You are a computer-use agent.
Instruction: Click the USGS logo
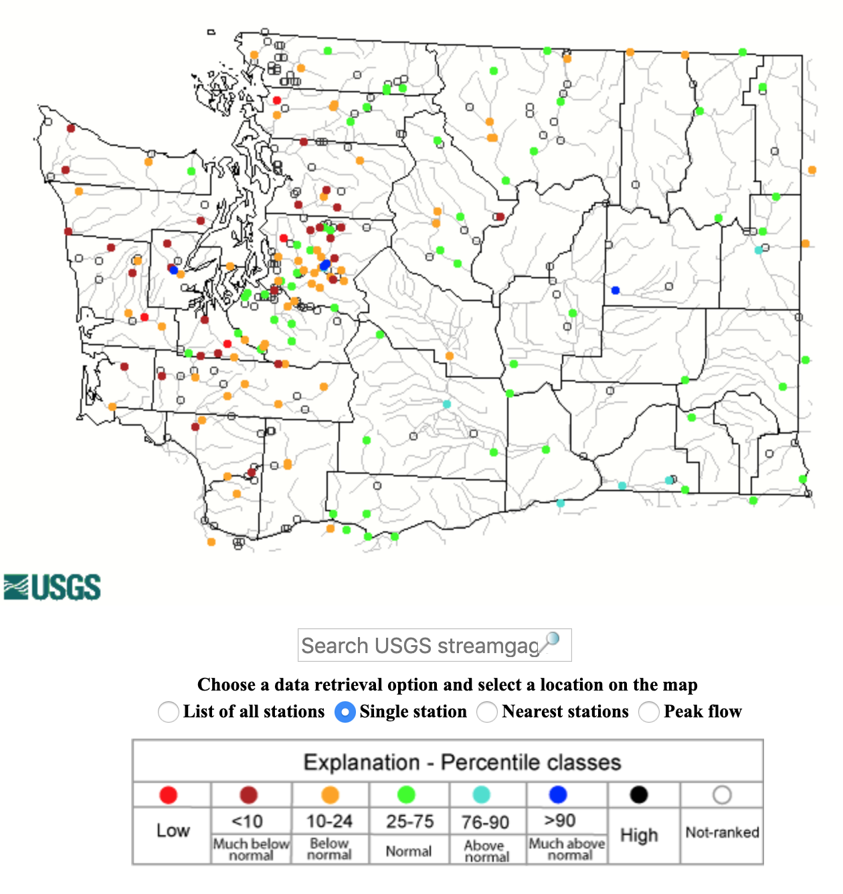point(52,587)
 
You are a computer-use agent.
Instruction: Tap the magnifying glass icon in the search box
point(551,641)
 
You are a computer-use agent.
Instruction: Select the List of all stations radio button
point(169,711)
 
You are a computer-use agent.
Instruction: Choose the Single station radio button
point(345,711)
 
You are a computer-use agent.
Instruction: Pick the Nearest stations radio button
point(487,711)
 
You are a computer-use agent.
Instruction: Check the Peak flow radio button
point(649,711)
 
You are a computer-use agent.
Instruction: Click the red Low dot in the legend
point(169,795)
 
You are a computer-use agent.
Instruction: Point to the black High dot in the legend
point(639,795)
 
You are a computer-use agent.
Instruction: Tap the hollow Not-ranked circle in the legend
point(722,795)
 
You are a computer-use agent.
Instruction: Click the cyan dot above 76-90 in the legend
point(482,795)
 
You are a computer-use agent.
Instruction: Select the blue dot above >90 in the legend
point(558,795)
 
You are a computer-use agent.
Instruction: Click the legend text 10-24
point(330,821)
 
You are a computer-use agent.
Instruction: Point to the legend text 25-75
point(409,821)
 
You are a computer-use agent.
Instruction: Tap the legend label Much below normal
point(251,849)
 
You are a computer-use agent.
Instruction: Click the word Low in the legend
point(173,830)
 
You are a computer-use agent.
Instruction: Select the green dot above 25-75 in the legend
point(406,795)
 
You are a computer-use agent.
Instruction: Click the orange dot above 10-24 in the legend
point(331,795)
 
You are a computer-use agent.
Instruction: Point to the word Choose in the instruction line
point(226,685)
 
